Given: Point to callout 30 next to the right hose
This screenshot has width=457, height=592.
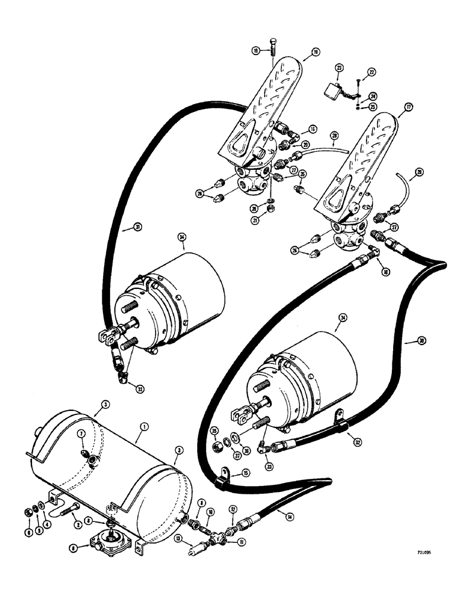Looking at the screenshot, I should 405,340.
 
